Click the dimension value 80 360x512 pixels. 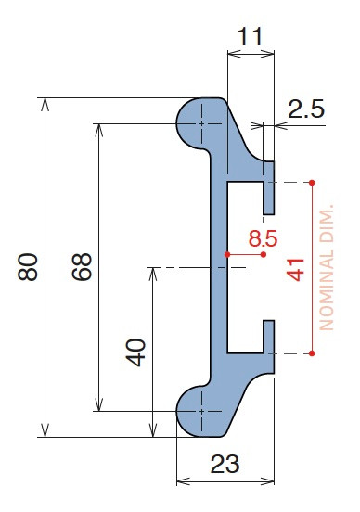[27, 267]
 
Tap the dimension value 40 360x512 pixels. [136, 352]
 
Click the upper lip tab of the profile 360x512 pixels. [269, 184]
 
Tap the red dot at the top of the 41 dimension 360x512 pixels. [313, 182]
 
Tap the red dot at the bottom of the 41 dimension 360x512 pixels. [313, 353]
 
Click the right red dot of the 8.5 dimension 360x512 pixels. [264, 253]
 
